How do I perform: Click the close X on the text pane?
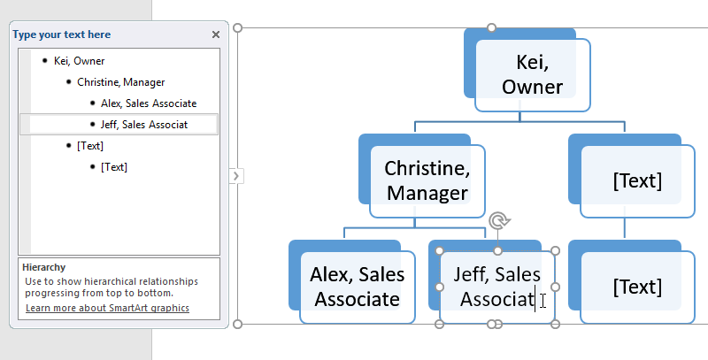tap(216, 34)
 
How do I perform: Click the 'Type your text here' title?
tap(62, 34)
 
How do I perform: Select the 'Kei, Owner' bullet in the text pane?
tap(79, 61)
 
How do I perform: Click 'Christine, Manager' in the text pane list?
tap(120, 82)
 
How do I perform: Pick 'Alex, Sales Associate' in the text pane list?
tap(148, 103)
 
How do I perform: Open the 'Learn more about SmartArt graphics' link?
tap(107, 308)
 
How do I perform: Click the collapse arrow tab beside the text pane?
tap(235, 176)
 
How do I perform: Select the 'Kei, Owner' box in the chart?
tap(533, 74)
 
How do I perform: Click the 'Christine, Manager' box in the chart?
tap(427, 180)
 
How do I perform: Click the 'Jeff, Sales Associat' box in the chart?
tap(496, 287)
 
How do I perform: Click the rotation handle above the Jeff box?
tap(497, 219)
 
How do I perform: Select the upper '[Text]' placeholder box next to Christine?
tap(637, 180)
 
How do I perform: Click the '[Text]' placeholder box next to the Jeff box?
tap(637, 287)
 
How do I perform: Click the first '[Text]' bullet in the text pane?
tap(89, 145)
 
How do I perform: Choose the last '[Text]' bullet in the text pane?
tap(114, 166)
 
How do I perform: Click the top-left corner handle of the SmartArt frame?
tap(237, 27)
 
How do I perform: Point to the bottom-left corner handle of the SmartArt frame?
tap(237, 325)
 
